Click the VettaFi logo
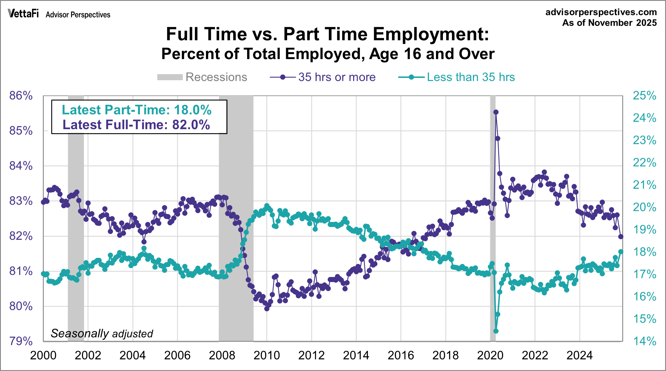point(23,14)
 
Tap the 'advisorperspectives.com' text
point(601,12)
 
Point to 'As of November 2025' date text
point(610,23)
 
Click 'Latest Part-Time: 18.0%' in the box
point(137,110)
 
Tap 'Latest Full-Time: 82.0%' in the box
point(136,125)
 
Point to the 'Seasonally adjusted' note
point(102,334)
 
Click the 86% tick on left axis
point(21,96)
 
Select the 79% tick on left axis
point(21,341)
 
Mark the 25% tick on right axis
point(644,96)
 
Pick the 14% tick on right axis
point(644,341)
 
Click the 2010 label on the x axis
point(267,355)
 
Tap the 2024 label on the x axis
point(580,355)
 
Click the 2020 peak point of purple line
point(496,112)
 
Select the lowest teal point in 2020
point(496,331)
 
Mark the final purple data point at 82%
point(621,237)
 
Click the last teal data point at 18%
point(621,252)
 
